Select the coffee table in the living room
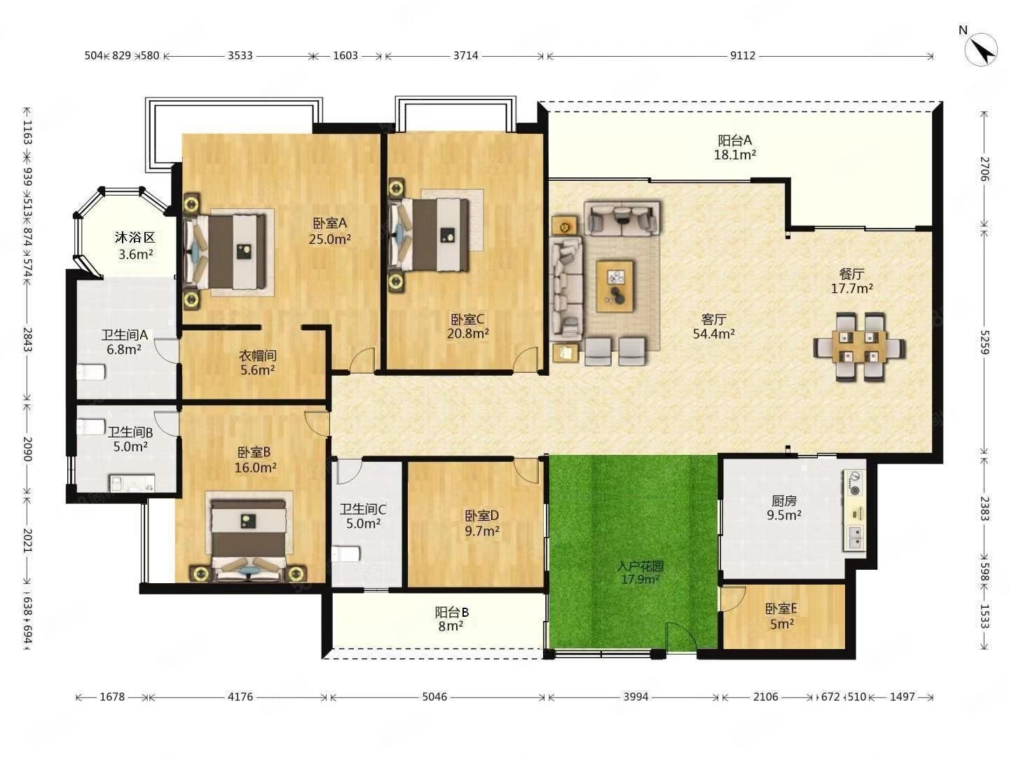615,286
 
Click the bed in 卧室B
248,539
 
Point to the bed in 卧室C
430,234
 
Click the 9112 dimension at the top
742,55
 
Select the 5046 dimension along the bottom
434,697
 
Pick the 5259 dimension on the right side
984,342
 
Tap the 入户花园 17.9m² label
640,573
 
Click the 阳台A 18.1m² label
734,147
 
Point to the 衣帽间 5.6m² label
257,362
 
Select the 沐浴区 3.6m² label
135,246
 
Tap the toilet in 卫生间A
91,371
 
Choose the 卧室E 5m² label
781,616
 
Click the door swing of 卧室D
526,470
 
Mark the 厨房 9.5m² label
784,507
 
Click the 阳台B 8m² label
451,619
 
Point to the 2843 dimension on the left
27,339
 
